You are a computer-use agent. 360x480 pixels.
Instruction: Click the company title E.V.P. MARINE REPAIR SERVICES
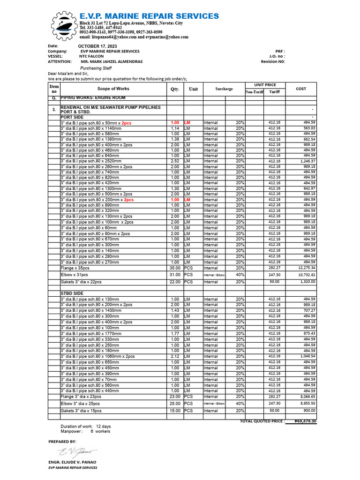149,16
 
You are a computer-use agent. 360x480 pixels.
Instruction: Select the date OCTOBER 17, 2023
97,46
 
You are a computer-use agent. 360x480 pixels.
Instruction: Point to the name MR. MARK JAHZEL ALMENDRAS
112,61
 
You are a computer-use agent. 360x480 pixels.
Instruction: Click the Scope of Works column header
113,89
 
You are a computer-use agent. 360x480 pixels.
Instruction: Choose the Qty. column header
175,89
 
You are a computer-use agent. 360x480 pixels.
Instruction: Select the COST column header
300,89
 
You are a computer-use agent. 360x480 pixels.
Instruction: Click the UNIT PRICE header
265,85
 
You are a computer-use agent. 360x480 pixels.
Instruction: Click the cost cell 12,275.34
305,268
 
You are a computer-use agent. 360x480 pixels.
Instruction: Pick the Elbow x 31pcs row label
75,275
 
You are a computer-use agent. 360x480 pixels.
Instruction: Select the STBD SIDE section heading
72,293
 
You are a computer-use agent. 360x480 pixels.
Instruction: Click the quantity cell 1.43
175,310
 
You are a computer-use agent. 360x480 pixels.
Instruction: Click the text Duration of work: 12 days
86,426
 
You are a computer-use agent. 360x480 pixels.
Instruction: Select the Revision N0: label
273,61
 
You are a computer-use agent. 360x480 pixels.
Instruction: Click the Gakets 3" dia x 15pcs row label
81,411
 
